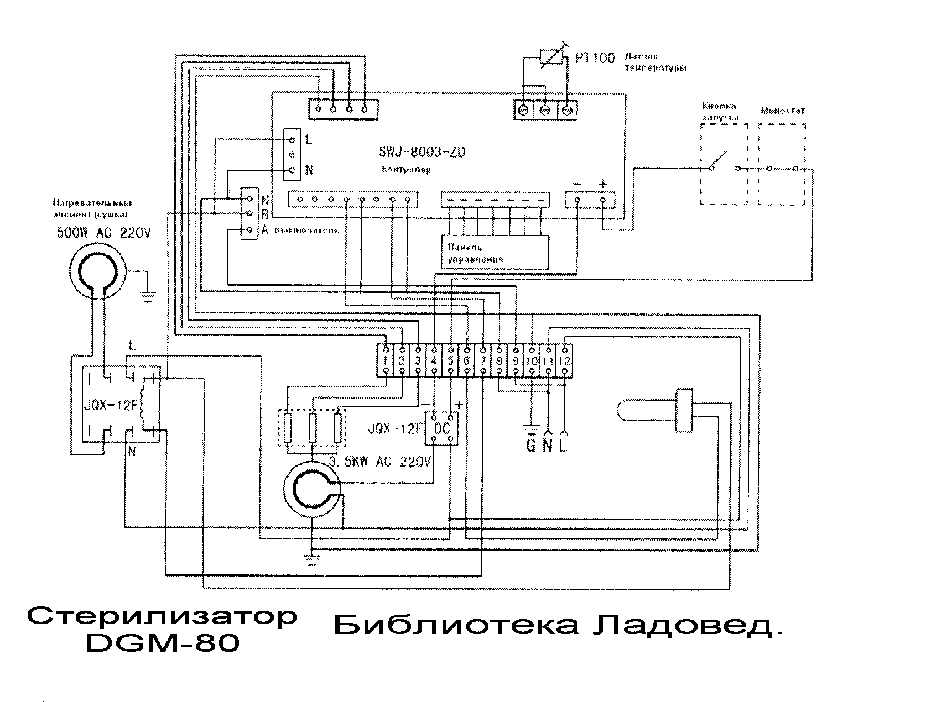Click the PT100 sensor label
pyautogui.click(x=595, y=58)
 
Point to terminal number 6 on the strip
pyautogui.click(x=467, y=360)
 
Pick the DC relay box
pyautogui.click(x=442, y=429)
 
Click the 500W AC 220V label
pyautogui.click(x=103, y=233)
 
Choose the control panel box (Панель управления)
pyautogui.click(x=495, y=253)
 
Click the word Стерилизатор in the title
pyautogui.click(x=162, y=616)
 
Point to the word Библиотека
pyautogui.click(x=456, y=626)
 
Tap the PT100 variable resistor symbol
pyautogui.click(x=551, y=56)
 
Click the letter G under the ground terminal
pyautogui.click(x=530, y=445)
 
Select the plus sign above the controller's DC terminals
pyautogui.click(x=603, y=184)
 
